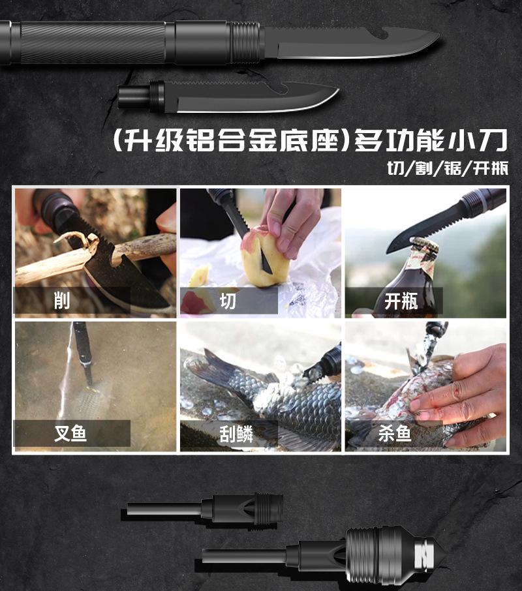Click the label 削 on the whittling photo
click(x=62, y=301)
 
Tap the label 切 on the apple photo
click(x=228, y=301)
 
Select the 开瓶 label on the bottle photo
click(x=401, y=301)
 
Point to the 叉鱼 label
click(x=70, y=433)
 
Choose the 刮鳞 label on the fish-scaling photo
click(x=236, y=434)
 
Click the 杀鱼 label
click(x=395, y=433)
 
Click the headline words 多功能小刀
click(x=431, y=140)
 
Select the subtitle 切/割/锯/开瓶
click(x=448, y=168)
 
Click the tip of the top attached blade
click(x=438, y=35)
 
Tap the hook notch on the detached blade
click(x=278, y=88)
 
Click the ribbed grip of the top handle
click(x=93, y=42)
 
